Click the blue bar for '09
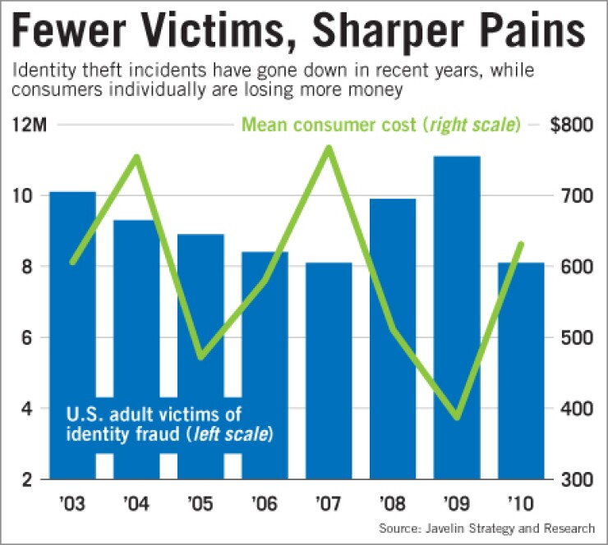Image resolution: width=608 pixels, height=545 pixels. point(457,328)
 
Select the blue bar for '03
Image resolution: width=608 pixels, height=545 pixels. point(72,328)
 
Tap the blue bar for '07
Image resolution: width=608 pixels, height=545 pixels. point(329,369)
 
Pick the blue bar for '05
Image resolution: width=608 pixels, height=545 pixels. point(200,328)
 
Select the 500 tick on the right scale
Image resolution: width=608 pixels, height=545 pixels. point(568,337)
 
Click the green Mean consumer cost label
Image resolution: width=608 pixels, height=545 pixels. point(380,126)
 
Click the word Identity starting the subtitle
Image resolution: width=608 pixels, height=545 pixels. point(42,71)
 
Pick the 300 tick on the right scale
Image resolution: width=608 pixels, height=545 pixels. point(568,479)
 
